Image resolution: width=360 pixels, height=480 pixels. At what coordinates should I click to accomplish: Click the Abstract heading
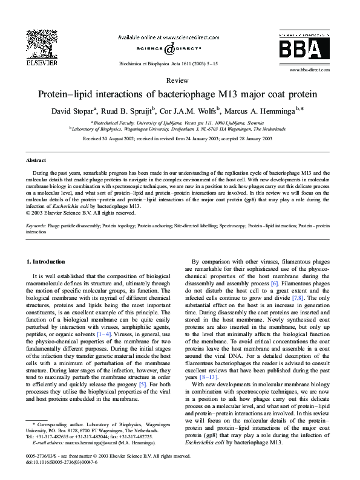click(36, 160)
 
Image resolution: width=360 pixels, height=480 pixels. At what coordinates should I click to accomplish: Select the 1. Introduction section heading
click(46, 261)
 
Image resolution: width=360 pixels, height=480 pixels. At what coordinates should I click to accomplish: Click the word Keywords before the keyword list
click(36, 225)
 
